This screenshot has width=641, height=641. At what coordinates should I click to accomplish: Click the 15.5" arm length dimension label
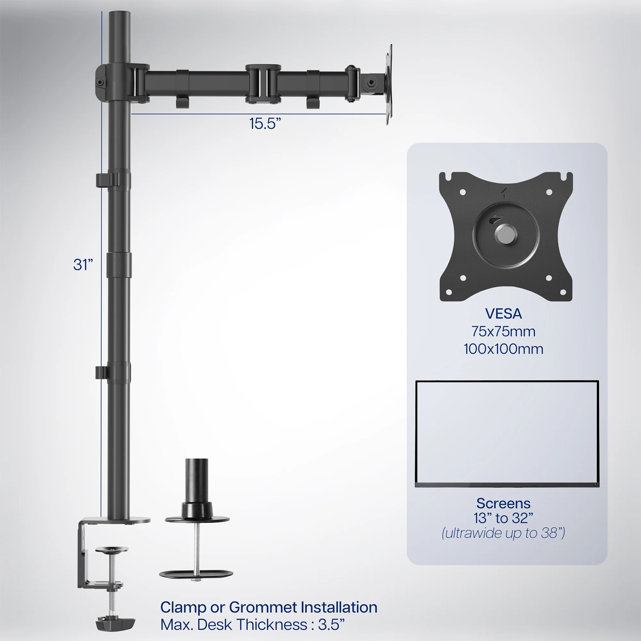(x=265, y=123)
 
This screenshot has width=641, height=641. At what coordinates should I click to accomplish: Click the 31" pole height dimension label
(x=83, y=265)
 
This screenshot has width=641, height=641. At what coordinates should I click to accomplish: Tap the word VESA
(x=503, y=314)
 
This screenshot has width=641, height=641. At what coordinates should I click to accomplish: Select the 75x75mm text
(x=503, y=331)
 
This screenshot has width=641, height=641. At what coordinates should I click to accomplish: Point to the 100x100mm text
(x=503, y=349)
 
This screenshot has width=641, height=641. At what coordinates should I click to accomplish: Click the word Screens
(x=503, y=503)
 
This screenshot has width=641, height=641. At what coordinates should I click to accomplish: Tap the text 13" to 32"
(x=503, y=518)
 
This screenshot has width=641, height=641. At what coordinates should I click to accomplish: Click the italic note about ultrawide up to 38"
(x=503, y=533)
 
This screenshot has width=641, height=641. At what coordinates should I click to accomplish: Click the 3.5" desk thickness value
(x=331, y=625)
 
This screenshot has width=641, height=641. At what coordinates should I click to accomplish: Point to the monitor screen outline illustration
(x=507, y=434)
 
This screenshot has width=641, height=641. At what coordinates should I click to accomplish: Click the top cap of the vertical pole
(x=119, y=15)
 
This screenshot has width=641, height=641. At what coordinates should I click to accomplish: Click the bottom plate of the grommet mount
(x=196, y=573)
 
